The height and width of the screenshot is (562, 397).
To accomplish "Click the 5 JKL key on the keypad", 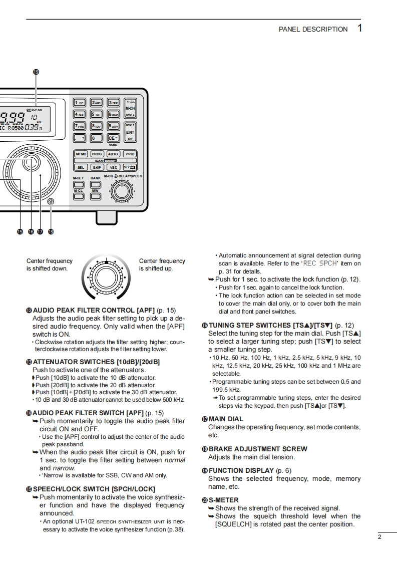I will point(96,114).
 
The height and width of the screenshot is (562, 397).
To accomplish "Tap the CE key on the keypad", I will point(113,138).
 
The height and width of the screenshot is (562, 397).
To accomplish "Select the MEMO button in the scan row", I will point(81,154).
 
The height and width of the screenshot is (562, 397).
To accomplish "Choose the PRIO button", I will point(130,154).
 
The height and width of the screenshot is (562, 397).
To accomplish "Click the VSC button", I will point(113,167).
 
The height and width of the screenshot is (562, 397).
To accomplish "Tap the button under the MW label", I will point(95,196).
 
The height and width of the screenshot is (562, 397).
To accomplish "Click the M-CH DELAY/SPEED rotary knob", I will point(120,191).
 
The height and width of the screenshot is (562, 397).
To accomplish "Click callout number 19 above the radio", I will point(36,72).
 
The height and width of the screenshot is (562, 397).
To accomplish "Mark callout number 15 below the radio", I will point(20,231).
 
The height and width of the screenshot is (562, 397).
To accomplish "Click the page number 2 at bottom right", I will point(379,537).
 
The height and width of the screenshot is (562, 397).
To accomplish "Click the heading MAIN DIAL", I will point(226,419).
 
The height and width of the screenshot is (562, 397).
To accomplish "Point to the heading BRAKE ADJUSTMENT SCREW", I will point(258,449).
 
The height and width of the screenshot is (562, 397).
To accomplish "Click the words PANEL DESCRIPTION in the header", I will point(313,29).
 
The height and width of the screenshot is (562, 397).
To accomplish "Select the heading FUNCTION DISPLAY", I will point(241,470).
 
